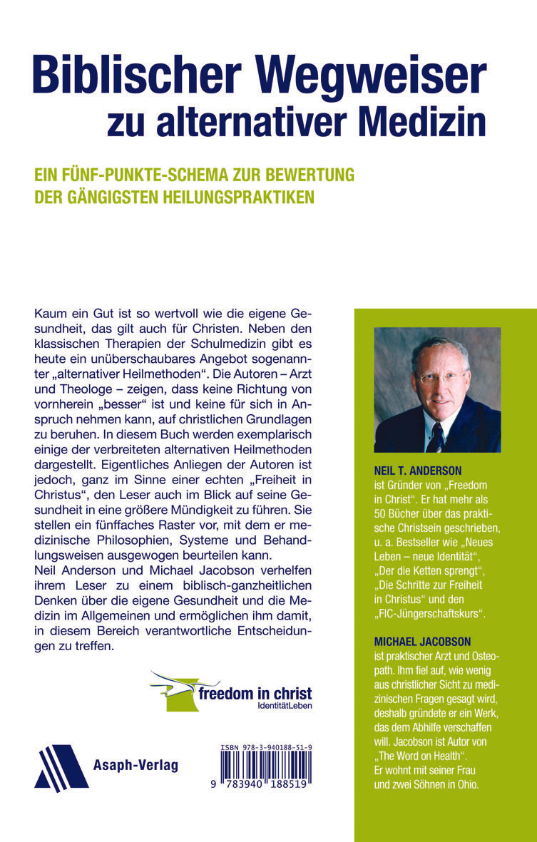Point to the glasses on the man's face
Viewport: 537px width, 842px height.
tap(442, 375)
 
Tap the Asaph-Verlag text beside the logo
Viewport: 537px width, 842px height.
tap(135, 766)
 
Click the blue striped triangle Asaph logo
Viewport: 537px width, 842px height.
tap(61, 768)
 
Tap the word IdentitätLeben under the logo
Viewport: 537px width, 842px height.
tap(285, 706)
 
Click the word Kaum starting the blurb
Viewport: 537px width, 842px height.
tap(48, 314)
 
